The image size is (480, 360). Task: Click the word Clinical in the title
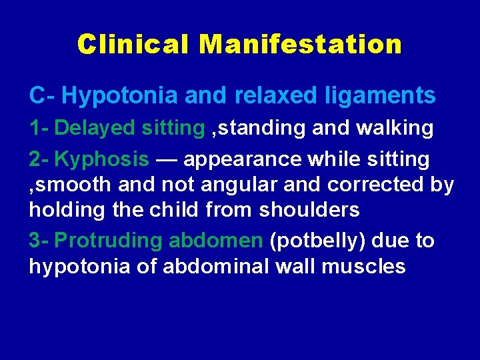pyautogui.click(x=133, y=45)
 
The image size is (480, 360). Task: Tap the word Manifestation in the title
pyautogui.click(x=300, y=45)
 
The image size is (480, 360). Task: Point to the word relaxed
pyautogui.click(x=273, y=96)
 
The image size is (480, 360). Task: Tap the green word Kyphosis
pyautogui.click(x=101, y=159)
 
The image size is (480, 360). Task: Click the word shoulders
pyautogui.click(x=309, y=210)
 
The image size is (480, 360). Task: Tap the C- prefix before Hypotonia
pyautogui.click(x=41, y=96)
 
